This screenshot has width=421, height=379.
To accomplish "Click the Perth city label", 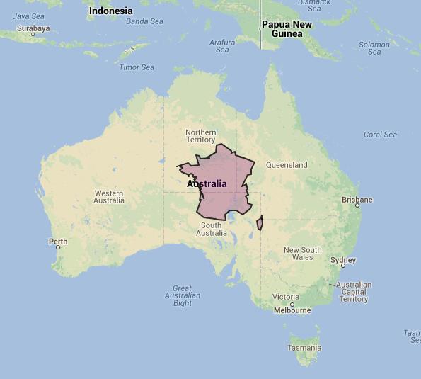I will coord(58,242).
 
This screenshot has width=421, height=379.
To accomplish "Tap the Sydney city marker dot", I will coord(343,266).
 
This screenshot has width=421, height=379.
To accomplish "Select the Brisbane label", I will coord(357,200).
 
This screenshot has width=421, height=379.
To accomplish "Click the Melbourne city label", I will coord(292,310).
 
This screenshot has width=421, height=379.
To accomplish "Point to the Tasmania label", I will coord(304,348).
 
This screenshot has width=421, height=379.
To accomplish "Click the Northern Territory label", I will coord(201,136).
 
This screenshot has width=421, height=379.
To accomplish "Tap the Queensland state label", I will coord(287,165).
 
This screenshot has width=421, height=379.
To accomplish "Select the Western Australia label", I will coord(109,197).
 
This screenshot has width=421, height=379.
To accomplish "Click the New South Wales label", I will coord(302,254).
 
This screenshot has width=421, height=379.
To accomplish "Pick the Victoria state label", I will coord(286,296).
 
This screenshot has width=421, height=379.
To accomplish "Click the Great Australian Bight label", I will coord(183,295).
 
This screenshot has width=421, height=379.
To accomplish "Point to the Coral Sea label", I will coord(380,135).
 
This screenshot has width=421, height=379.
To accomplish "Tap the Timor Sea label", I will coord(137,67).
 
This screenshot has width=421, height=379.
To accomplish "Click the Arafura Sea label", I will coord(222,46).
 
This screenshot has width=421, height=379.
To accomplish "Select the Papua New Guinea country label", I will coord(287,29).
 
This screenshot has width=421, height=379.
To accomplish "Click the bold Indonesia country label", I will coord(110,11).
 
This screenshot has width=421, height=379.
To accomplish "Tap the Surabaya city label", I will coord(33,29).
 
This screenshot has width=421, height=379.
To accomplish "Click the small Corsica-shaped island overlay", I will coord(260,223).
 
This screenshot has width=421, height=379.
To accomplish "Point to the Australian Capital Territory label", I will coord(354,292).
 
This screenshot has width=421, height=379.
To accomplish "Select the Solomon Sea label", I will coord(374,48).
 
